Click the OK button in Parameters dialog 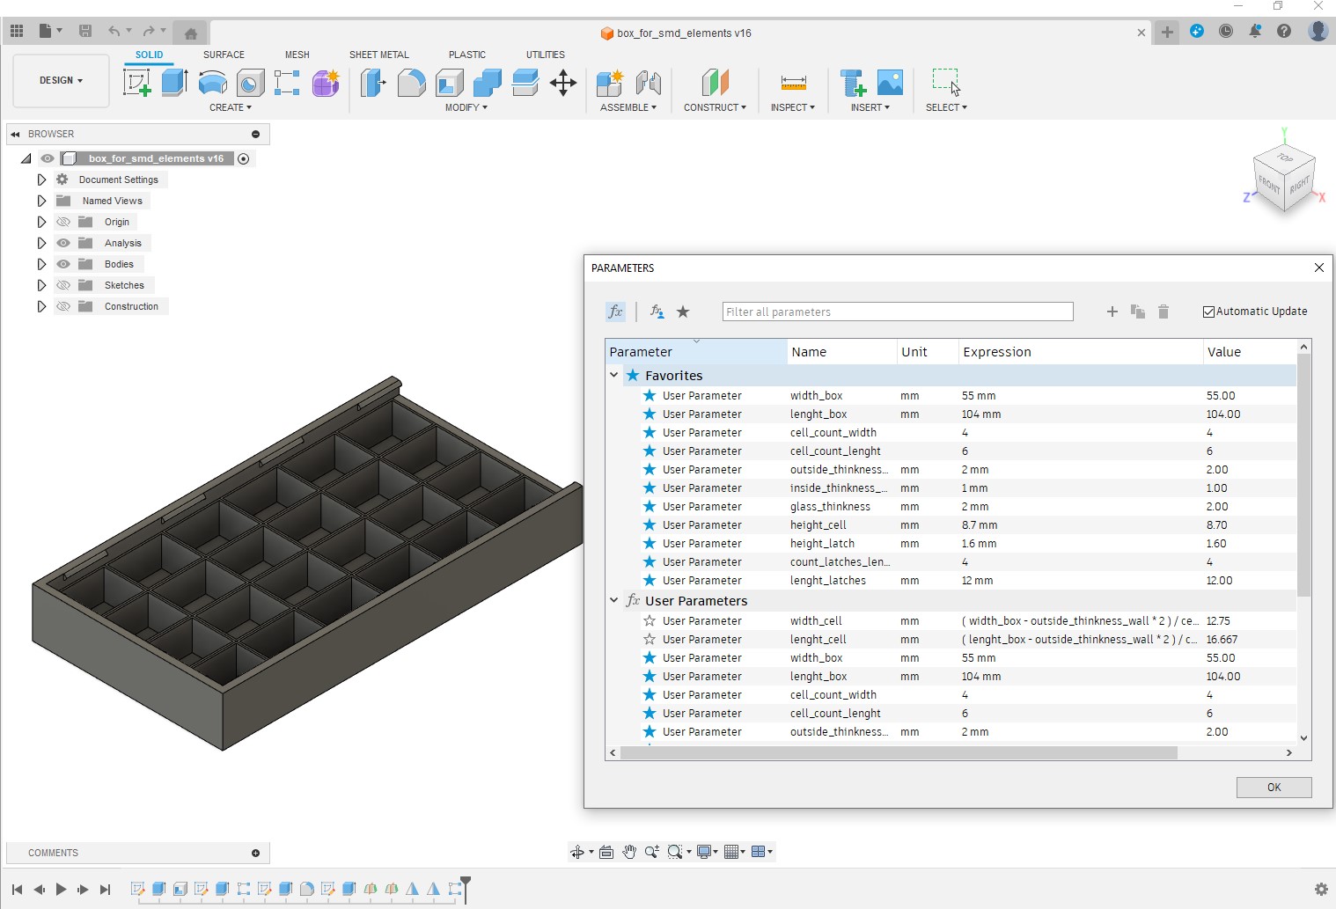click(x=1274, y=788)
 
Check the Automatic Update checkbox click(x=1209, y=312)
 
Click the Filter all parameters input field click(x=897, y=312)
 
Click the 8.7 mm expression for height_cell click(x=980, y=525)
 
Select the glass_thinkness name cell click(x=830, y=507)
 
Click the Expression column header click(x=997, y=352)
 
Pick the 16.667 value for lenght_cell click(x=1222, y=640)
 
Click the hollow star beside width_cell click(x=650, y=621)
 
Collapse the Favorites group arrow click(x=614, y=375)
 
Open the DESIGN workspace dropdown click(x=61, y=80)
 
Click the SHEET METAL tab click(x=378, y=55)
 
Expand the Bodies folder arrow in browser click(x=41, y=264)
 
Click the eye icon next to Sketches click(x=63, y=285)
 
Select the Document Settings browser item click(x=118, y=180)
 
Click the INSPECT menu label click(x=792, y=107)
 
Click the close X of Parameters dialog click(x=1318, y=268)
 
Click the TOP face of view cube click(x=1285, y=158)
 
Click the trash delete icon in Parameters click(x=1163, y=312)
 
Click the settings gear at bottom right click(x=1320, y=889)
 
